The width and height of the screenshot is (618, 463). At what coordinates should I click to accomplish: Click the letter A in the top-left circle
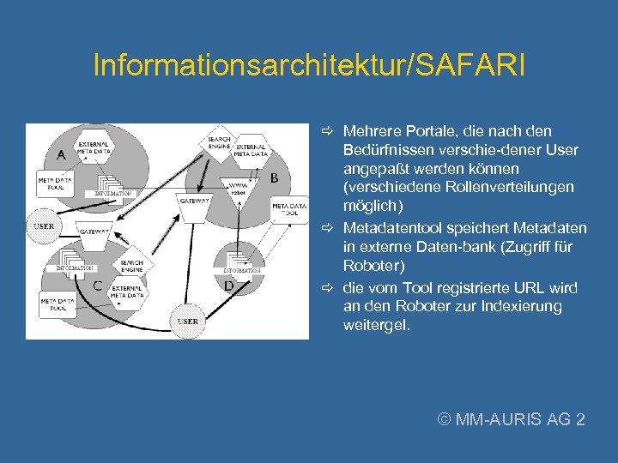coord(61,155)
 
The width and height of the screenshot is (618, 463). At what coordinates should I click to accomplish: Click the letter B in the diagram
coord(274,177)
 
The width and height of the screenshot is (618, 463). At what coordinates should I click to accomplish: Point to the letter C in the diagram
coord(96,286)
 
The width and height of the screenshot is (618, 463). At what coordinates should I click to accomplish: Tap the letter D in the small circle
coord(228,286)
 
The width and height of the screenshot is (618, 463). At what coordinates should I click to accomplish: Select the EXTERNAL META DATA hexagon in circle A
coord(94,149)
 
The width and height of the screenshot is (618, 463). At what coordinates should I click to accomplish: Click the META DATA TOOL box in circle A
coord(55,183)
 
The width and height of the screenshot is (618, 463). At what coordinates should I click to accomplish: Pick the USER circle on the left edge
coord(43,225)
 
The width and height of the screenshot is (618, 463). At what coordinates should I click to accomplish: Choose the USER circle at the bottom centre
coord(188,321)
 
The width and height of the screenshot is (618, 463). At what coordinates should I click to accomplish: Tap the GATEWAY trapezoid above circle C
coord(94,231)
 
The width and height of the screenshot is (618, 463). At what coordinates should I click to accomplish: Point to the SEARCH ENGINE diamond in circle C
coord(131,266)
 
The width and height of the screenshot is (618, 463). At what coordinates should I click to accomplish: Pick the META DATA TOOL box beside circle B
coord(289,210)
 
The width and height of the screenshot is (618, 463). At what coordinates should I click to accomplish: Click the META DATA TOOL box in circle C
coord(58,304)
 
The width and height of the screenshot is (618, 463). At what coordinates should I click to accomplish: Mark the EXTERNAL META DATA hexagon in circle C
coord(127,293)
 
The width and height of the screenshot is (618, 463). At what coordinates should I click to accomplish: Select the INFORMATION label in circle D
coord(241,270)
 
